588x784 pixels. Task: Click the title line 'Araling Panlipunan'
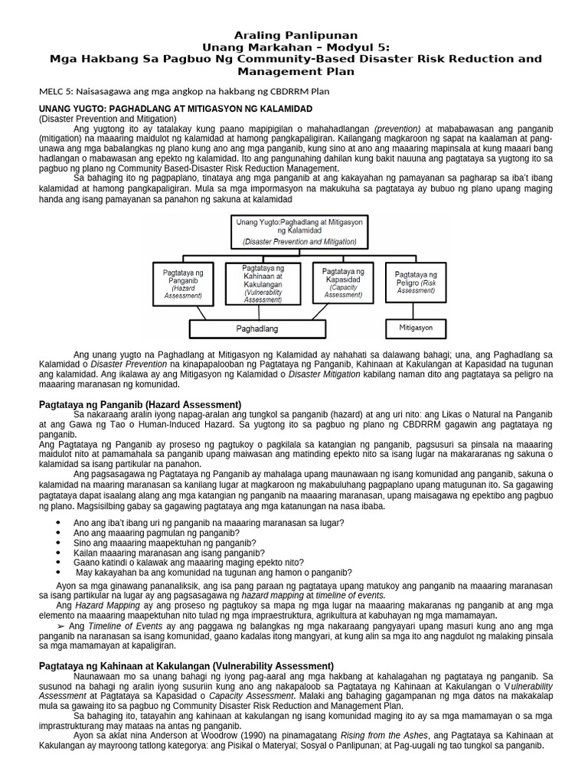click(x=295, y=35)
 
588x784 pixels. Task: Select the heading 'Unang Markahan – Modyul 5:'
click(x=295, y=47)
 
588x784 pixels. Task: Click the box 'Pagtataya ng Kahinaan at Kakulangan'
click(x=263, y=281)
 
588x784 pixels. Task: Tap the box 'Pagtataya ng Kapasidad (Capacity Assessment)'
click(x=342, y=283)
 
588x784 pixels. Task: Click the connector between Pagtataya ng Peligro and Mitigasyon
click(x=416, y=309)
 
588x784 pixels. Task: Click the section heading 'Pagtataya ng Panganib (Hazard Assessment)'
click(x=140, y=403)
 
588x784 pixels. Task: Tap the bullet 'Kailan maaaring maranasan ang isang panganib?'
click(x=170, y=552)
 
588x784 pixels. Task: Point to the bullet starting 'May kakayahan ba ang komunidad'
click(x=214, y=572)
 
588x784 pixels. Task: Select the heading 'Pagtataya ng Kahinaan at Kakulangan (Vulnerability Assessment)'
click(x=186, y=666)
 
